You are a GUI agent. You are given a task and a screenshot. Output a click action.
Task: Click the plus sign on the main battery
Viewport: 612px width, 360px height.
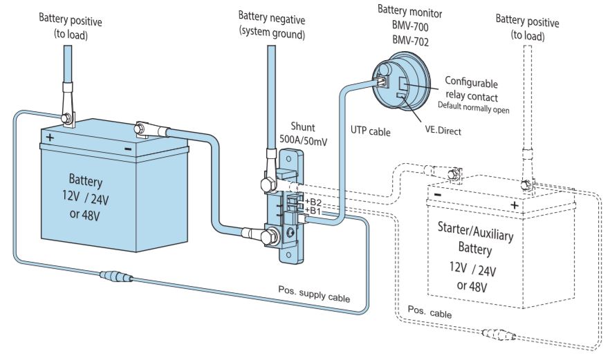point(50,138)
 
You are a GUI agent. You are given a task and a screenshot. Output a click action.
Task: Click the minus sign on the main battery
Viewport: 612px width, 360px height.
point(128,149)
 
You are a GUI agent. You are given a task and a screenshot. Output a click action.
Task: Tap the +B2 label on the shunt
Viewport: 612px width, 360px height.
point(313,202)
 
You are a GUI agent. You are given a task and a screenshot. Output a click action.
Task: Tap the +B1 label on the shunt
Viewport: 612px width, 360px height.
point(313,211)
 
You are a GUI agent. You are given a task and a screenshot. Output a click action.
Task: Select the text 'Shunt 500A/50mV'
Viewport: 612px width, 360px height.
point(304,133)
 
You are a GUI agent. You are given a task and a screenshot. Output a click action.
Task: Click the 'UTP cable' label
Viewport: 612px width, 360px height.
point(371,131)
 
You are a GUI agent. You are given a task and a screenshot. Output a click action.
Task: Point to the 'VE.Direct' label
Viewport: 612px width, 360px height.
point(443,131)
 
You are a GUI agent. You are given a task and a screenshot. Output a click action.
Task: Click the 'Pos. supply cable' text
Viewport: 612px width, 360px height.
point(314,294)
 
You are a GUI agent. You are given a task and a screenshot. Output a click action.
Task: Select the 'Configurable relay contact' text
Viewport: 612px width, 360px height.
point(472,89)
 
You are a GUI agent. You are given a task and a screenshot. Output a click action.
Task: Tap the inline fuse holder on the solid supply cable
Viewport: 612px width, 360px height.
point(116,277)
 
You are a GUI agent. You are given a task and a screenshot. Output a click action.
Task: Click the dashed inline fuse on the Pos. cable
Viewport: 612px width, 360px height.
point(499,334)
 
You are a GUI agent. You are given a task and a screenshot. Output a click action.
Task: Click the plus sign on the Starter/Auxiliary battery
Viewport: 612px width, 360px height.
point(514,205)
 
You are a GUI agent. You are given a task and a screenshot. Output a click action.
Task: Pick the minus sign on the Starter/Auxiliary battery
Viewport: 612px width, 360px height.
point(438,195)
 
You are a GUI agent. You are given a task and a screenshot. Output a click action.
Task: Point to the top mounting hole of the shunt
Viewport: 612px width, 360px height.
point(288,159)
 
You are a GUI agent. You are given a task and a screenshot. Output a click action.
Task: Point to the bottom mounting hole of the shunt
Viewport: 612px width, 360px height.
point(288,255)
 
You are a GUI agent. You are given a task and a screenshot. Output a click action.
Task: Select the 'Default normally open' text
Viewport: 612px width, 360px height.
point(474,107)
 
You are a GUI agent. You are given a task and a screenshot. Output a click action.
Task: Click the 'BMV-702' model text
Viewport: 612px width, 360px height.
point(410,40)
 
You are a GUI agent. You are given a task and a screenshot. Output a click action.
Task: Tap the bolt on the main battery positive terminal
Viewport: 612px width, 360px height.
point(66,117)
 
